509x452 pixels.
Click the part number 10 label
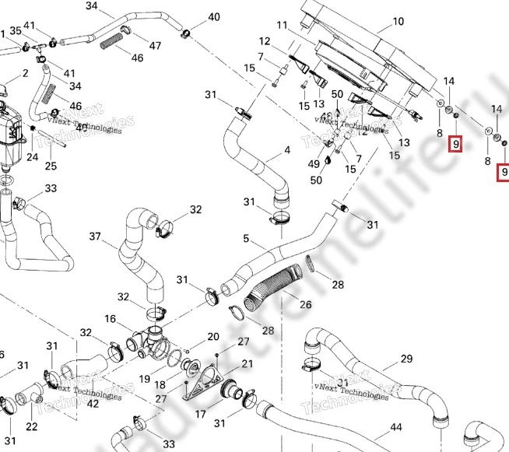398,22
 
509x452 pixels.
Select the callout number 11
282,26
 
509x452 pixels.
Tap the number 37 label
96,237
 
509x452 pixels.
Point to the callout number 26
305,304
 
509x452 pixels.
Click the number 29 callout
406,359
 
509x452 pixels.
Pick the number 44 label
396,428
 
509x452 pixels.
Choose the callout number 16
111,318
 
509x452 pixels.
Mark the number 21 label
247,364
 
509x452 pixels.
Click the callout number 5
246,238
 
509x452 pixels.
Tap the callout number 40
214,17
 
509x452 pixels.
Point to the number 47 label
156,46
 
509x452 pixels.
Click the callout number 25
51,166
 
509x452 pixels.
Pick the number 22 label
32,426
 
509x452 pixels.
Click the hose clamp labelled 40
187,33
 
